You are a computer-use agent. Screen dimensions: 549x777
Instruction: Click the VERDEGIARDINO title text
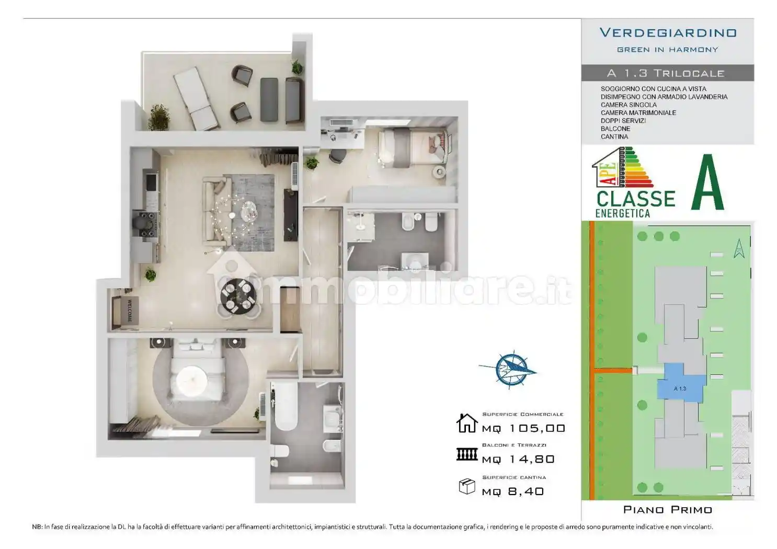coord(668,33)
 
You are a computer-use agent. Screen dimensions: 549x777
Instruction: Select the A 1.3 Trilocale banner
coord(667,73)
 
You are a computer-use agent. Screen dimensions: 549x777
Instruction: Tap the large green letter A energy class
coord(707,183)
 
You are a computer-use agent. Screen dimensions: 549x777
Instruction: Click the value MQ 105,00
coord(523,428)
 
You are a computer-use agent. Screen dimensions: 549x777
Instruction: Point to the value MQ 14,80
coord(518,459)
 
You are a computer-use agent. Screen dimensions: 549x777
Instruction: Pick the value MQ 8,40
coord(513,491)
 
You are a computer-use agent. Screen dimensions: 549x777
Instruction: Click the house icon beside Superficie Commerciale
coord(466,423)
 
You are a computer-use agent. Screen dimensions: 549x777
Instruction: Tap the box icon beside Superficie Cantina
coord(466,486)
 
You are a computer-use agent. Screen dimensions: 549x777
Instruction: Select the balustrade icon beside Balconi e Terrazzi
coord(466,454)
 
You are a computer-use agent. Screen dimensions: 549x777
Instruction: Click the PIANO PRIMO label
coord(668,509)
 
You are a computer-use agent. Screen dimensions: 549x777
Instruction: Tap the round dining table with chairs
coord(238,296)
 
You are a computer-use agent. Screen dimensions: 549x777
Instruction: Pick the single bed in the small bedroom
coord(413,147)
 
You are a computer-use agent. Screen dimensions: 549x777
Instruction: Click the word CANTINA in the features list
coord(614,136)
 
